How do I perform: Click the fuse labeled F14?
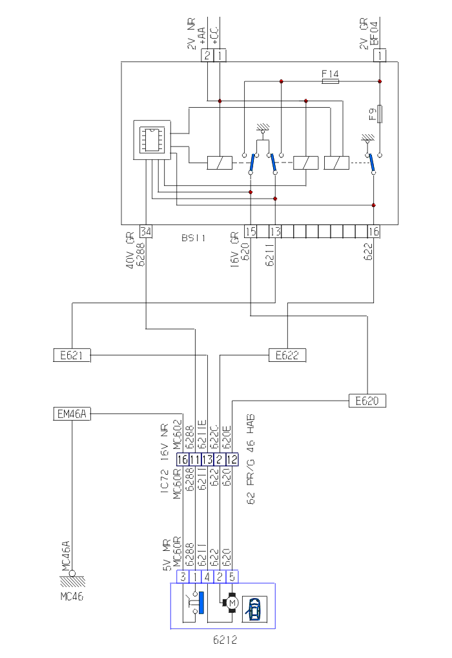click(x=330, y=81)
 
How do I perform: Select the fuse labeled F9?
click(x=380, y=114)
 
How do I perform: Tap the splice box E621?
click(x=72, y=354)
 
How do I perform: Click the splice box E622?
click(x=287, y=354)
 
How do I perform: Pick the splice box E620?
click(x=367, y=401)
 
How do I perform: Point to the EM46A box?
click(x=72, y=414)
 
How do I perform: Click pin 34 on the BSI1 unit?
click(x=145, y=232)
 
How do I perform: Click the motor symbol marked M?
click(x=232, y=603)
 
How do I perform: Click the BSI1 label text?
click(x=193, y=238)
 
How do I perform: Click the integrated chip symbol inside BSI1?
click(x=152, y=138)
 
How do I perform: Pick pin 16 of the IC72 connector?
click(x=183, y=459)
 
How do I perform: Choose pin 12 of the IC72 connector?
click(x=231, y=459)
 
